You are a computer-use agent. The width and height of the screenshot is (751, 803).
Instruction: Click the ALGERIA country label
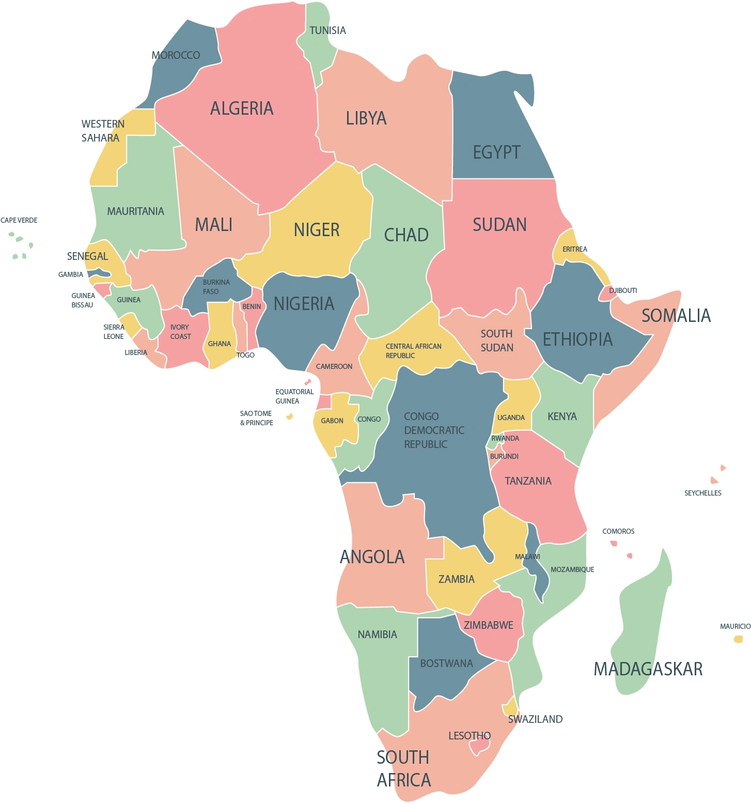[x=242, y=109]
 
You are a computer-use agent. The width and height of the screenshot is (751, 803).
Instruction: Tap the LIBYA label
[x=366, y=118]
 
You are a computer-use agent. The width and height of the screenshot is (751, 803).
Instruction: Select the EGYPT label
[x=496, y=152]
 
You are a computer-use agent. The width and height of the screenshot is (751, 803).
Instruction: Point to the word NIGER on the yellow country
[x=317, y=230]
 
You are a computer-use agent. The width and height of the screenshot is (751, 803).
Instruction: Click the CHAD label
[x=406, y=235]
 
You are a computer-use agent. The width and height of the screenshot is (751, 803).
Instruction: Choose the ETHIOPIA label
[x=577, y=339]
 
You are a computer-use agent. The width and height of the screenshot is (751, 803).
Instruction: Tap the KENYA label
[x=562, y=416]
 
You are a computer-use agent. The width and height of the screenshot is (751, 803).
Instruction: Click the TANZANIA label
[x=528, y=481]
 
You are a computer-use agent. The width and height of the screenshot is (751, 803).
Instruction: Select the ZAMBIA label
[x=456, y=579]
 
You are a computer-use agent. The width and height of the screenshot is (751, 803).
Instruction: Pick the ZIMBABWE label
[x=488, y=625]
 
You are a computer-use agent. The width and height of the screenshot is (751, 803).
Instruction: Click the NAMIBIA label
[x=377, y=635]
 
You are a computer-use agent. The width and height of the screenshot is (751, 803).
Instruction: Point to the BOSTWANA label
[x=446, y=663]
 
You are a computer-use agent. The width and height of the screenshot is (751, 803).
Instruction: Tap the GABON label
[x=332, y=421]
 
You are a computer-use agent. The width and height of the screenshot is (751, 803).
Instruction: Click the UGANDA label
[x=511, y=418]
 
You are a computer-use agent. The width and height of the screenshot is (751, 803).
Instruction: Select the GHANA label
[x=219, y=344]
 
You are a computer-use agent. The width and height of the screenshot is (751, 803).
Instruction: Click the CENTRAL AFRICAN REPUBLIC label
[x=413, y=351]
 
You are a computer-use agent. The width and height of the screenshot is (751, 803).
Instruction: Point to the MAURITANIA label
[x=135, y=211]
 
